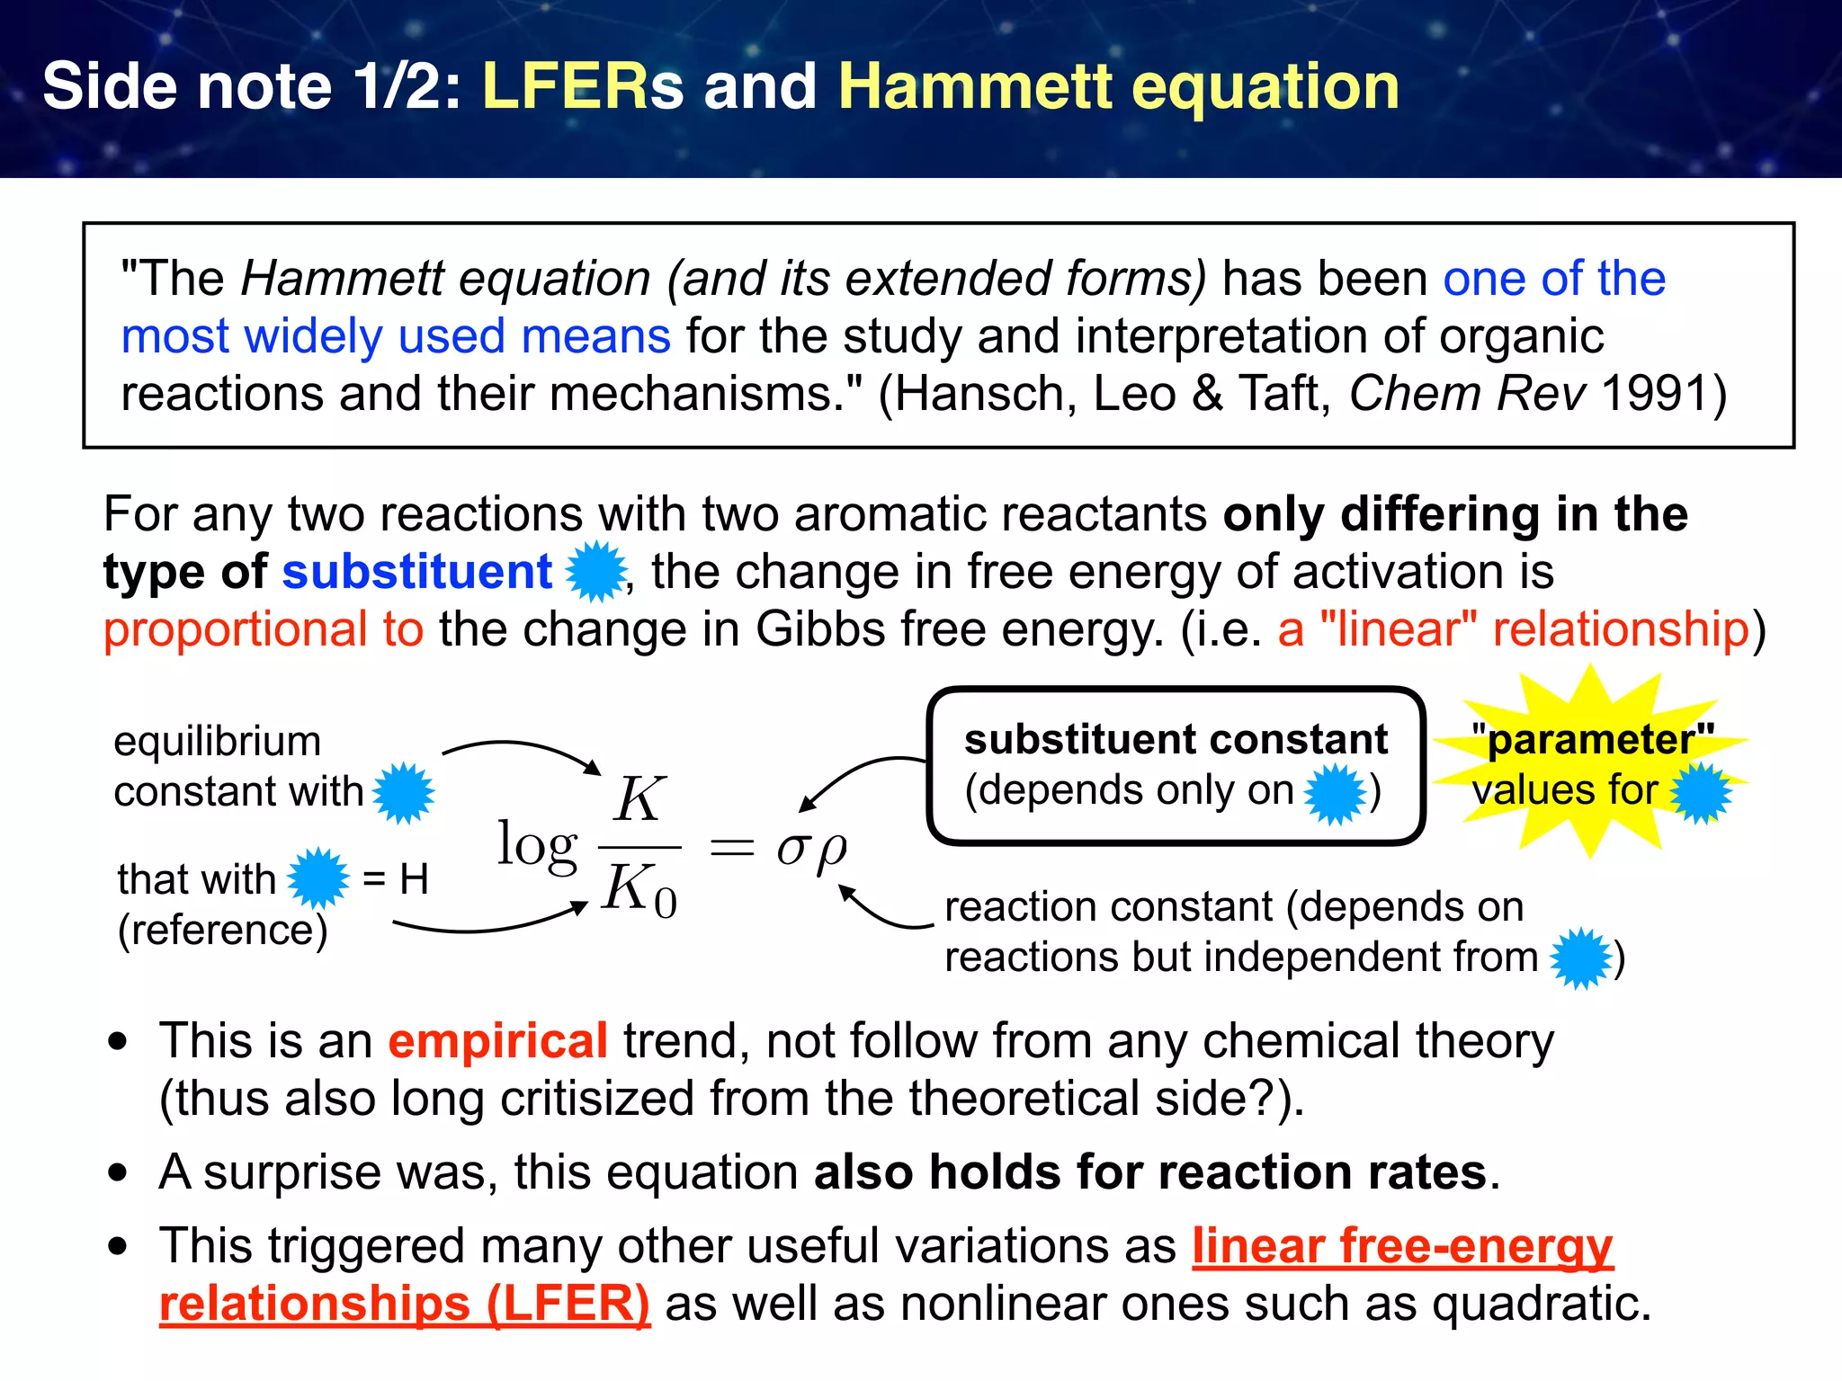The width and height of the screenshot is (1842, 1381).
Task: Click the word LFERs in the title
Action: (x=583, y=87)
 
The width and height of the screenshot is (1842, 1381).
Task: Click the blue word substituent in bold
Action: (x=416, y=572)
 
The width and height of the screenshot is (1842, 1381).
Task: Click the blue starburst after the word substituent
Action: (x=595, y=572)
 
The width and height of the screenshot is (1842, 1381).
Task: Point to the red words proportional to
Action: (x=263, y=628)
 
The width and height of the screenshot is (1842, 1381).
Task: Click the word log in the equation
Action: (x=537, y=845)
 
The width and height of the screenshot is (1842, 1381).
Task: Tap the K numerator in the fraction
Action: (x=639, y=798)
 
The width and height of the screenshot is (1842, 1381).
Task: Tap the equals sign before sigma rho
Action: (x=731, y=847)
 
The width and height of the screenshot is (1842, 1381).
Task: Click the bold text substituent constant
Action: (x=1176, y=740)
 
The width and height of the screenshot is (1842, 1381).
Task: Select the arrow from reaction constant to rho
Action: (x=881, y=913)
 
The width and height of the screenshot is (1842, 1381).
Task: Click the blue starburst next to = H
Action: (x=318, y=878)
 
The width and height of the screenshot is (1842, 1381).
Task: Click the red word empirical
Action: (x=497, y=1041)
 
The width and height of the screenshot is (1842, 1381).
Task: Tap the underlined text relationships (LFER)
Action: (x=404, y=1304)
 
